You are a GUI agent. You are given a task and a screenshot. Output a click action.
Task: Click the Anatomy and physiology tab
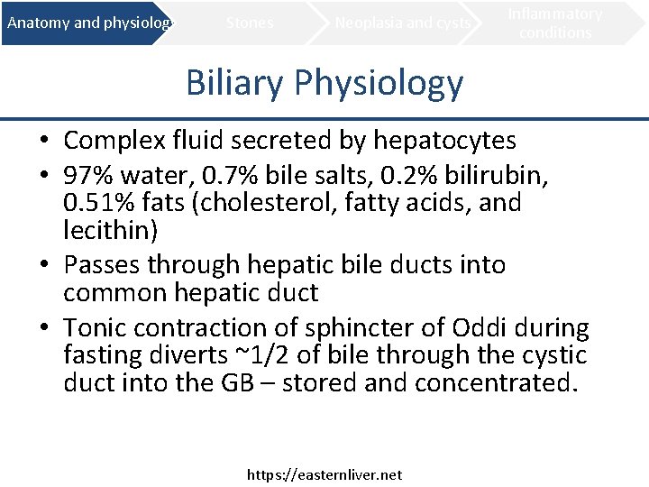pyautogui.click(x=87, y=23)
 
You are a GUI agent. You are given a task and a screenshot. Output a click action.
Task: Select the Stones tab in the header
pyautogui.click(x=250, y=23)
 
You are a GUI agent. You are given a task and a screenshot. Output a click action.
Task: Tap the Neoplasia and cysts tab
pyautogui.click(x=403, y=23)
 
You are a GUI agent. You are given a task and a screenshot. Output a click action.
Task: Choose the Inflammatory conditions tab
pyautogui.click(x=555, y=23)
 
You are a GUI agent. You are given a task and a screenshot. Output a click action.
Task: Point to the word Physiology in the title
pyautogui.click(x=379, y=83)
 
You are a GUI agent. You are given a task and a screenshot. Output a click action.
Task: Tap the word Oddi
pyautogui.click(x=493, y=327)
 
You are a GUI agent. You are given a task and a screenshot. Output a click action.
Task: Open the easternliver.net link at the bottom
pyautogui.click(x=324, y=474)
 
